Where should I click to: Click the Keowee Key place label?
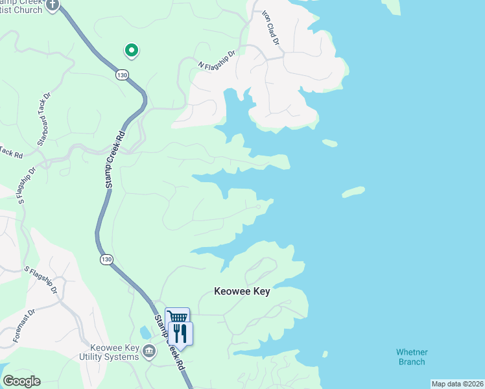(242, 292)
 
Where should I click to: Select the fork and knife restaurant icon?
(181, 333)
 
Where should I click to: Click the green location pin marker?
(131, 50)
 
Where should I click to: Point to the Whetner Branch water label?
(411, 357)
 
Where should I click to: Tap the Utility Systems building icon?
(150, 351)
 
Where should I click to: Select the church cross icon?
(53, 5)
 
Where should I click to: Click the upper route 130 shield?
(122, 75)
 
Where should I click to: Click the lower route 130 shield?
(106, 259)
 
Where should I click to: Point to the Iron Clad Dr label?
(271, 28)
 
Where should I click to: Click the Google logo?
(21, 381)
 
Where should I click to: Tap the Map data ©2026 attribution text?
(456, 384)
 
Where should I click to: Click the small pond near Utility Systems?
(145, 333)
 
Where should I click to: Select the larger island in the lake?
(353, 192)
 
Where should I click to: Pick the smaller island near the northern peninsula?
(329, 143)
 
